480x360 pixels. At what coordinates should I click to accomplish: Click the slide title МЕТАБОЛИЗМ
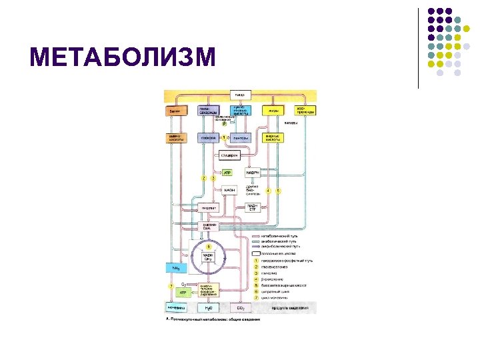coord(123,57)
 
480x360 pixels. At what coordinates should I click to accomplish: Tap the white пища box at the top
coord(240,94)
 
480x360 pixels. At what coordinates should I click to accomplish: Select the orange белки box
coord(175,111)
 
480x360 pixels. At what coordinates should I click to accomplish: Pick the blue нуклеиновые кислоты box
coord(240,111)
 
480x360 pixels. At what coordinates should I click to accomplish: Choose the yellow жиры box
coord(273,111)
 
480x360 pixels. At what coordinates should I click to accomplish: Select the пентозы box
coord(240,138)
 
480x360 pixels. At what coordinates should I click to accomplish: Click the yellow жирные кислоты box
coord(273,138)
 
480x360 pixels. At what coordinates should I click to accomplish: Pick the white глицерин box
coord(228,156)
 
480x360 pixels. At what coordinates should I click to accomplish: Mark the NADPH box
coord(252,172)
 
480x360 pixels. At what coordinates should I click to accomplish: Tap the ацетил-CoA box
coord(209,226)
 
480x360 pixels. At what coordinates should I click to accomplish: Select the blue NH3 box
coord(175,268)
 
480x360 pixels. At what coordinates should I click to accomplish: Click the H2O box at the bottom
coord(208,308)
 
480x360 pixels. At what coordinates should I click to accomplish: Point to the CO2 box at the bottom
coord(240,308)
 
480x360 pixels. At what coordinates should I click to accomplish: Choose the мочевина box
coord(175,308)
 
